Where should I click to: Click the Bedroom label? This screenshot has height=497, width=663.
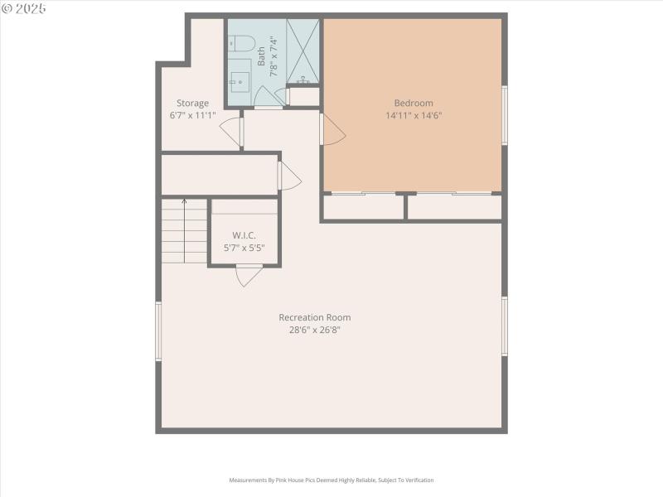click(x=414, y=104)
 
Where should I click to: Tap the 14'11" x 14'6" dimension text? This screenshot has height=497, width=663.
click(x=414, y=116)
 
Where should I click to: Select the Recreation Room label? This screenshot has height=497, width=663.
click(x=314, y=317)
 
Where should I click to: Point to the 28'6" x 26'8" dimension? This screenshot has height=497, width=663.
click(x=314, y=330)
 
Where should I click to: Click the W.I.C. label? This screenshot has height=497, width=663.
click(x=244, y=235)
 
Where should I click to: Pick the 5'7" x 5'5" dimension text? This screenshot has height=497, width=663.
click(x=244, y=248)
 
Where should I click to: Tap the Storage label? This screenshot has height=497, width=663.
click(x=192, y=104)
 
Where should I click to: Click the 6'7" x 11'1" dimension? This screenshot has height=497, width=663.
click(x=192, y=116)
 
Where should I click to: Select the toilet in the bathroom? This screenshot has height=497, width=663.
click(x=240, y=44)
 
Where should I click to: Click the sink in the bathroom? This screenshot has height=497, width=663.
click(x=240, y=80)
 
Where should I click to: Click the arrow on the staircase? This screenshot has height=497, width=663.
click(x=184, y=202)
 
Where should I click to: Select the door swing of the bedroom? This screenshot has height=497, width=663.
click(x=332, y=130)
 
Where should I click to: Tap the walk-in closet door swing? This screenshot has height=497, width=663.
click(x=249, y=275)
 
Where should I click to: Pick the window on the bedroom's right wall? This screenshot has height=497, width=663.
click(x=504, y=115)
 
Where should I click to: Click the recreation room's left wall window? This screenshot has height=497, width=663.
click(x=158, y=331)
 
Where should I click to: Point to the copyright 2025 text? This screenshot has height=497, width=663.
click(x=24, y=7)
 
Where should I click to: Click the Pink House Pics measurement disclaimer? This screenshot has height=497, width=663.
click(x=331, y=480)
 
